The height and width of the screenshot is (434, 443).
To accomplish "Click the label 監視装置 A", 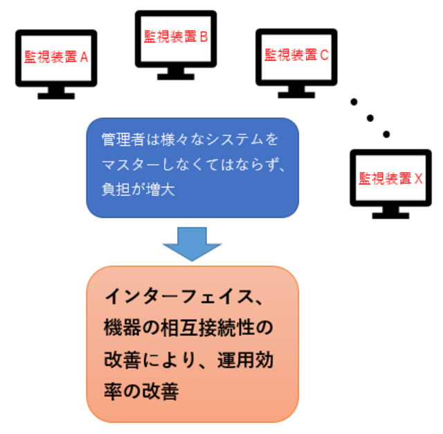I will tap(56, 58).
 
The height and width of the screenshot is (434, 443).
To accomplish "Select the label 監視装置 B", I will tap(176, 37).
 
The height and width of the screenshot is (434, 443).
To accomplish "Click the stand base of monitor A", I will tap(56, 96).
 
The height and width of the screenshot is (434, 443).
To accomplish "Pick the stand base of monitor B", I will tap(176, 76).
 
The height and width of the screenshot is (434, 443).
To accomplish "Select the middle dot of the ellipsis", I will tap(370, 117).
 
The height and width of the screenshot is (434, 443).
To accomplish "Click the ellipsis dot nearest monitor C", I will tap(354, 102).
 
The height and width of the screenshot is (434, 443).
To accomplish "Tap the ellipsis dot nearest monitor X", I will tap(386, 133).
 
